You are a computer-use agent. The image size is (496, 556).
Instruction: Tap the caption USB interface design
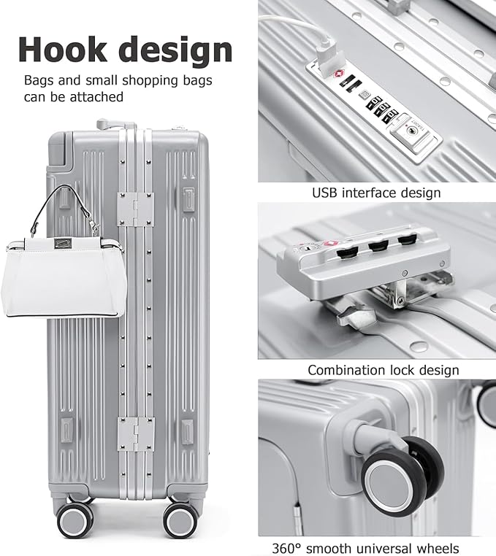click(x=376, y=193)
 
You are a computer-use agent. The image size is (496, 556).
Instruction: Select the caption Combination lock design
click(x=383, y=370)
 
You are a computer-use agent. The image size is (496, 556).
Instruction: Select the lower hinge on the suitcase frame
click(x=137, y=433)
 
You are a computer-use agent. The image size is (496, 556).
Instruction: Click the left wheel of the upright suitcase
click(x=76, y=520)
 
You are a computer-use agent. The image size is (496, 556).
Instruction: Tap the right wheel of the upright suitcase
click(x=180, y=520)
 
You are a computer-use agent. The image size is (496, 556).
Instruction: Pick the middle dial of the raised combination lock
click(x=378, y=247)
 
